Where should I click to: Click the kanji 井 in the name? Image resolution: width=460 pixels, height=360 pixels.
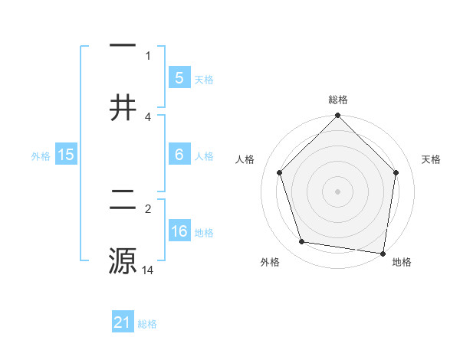click(123, 107)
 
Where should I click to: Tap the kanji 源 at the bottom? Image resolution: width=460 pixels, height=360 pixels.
click(123, 260)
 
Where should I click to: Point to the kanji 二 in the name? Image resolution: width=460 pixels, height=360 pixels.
click(123, 201)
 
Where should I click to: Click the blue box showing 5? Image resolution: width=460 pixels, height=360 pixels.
click(179, 78)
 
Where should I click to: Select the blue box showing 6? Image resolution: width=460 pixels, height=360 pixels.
click(179, 155)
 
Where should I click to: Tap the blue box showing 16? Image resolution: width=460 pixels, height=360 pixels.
click(179, 231)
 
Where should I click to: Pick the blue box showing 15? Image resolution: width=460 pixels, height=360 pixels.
click(66, 155)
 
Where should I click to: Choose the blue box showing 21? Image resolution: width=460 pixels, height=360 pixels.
click(123, 323)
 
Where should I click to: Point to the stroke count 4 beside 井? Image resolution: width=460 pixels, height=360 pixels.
click(148, 116)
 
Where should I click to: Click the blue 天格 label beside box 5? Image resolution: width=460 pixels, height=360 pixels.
click(204, 79)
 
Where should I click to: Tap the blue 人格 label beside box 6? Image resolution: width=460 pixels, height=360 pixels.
click(204, 155)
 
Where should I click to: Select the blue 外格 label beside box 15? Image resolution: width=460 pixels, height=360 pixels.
click(41, 155)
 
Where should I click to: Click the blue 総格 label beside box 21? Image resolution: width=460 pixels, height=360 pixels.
click(147, 324)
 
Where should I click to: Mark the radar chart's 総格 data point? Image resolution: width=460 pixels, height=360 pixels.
click(337, 116)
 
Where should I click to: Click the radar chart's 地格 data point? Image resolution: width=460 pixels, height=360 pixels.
click(383, 253)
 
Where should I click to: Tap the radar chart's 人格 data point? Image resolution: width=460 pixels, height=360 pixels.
click(280, 172)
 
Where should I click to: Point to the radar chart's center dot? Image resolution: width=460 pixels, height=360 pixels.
click(337, 191)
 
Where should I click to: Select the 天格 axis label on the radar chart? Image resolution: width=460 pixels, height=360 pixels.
click(432, 159)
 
